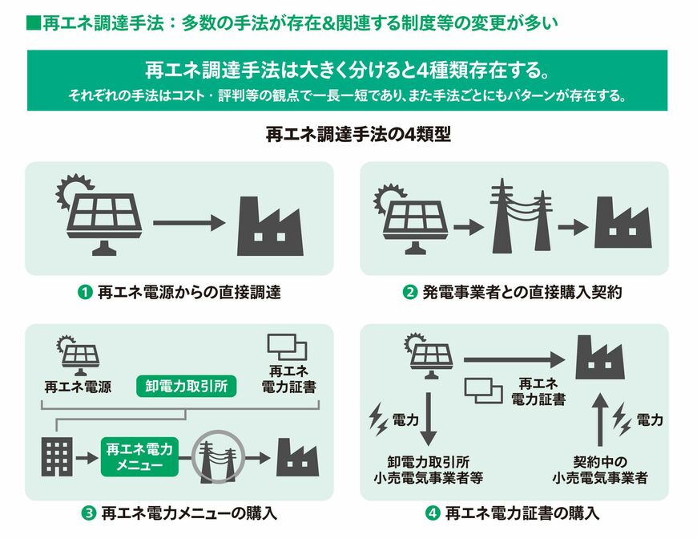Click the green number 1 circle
pos(85,293)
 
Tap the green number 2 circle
pos(410,293)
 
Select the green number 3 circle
pos(88,513)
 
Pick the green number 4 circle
pos(432,513)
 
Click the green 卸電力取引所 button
pos(186,386)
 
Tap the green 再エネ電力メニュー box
pos(139,457)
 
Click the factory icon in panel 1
pos(270,226)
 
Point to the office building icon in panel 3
pos(57,457)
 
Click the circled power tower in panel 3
pos(218,457)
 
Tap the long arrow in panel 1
pos(190,222)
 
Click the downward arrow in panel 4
pos(429,419)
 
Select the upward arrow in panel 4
pos(601,419)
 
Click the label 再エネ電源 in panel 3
pos(78,387)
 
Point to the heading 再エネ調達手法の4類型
pos(358,134)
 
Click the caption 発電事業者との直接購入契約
pos(522,293)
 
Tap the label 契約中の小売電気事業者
pos(600,470)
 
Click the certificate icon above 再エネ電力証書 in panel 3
pos(287,347)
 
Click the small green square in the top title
pos(34,22)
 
